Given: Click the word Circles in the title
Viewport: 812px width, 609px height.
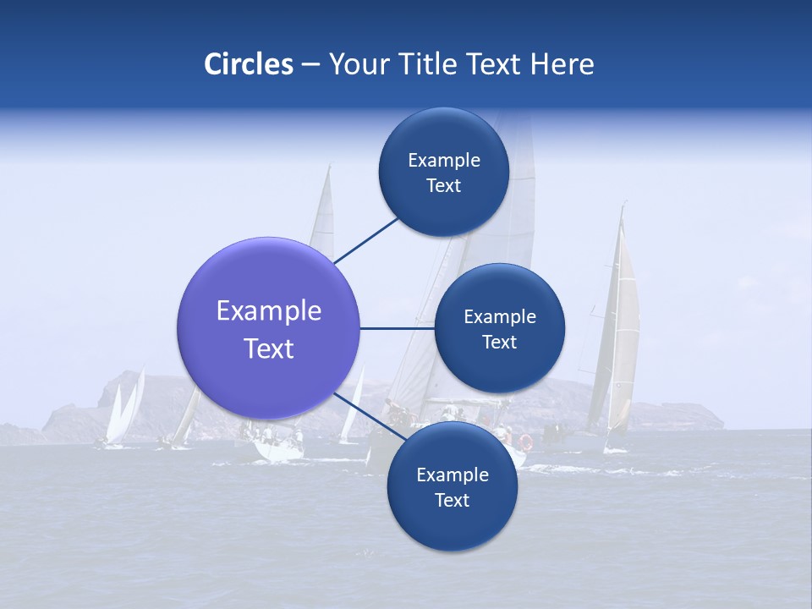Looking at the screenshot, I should [x=249, y=64].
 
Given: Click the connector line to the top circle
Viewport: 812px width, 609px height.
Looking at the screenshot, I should [x=365, y=240].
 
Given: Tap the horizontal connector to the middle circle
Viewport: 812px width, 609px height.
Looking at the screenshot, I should [x=397, y=328].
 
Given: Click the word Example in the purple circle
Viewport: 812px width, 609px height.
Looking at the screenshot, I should [x=269, y=311].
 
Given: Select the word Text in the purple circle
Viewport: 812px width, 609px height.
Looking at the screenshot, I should [x=269, y=348].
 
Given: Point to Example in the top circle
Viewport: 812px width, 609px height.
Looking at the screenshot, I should [x=444, y=161].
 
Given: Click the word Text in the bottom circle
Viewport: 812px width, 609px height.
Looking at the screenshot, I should [x=452, y=500].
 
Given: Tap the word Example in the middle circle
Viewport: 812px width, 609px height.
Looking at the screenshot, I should [x=500, y=317].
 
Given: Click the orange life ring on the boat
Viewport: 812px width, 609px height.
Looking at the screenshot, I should [x=526, y=442].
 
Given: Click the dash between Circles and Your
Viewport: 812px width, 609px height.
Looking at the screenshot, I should [x=310, y=65].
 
